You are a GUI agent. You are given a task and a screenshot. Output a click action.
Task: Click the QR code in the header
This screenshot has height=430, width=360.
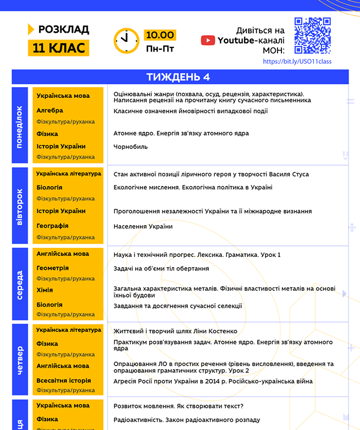(x=313, y=36)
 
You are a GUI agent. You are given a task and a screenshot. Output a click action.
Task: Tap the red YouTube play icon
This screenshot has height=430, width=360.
(x=208, y=40)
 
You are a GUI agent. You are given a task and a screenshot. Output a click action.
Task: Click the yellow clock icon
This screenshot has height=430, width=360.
(x=127, y=41)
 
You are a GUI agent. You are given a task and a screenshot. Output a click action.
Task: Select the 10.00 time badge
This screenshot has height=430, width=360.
(x=160, y=35)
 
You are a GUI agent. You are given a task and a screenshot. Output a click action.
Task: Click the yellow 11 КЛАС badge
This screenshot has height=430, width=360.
(x=59, y=48)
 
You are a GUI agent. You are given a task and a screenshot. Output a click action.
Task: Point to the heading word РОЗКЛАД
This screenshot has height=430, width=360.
(x=63, y=29)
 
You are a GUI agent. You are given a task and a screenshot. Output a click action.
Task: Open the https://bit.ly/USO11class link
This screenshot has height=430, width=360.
(x=297, y=61)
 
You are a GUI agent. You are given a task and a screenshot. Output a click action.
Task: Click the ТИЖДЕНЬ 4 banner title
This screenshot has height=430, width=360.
(x=178, y=77)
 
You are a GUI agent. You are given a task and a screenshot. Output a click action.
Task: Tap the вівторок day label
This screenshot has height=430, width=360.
(x=20, y=207)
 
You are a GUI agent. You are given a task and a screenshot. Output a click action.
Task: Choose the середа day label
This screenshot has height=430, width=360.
(x=20, y=285)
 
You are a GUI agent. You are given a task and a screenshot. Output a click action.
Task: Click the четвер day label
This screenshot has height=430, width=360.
(x=20, y=360)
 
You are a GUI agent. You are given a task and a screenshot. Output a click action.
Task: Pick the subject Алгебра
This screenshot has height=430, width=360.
(x=50, y=110)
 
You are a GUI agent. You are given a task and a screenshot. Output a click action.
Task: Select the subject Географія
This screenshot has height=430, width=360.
(x=52, y=226)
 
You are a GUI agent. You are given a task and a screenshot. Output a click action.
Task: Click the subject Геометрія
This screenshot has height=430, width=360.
(x=53, y=268)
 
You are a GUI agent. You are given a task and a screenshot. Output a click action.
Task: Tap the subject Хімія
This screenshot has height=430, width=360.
(x=45, y=290)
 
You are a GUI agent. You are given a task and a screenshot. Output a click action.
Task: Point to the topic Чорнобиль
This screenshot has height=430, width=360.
(x=131, y=147)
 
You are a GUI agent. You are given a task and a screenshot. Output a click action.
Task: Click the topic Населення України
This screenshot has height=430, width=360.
(x=143, y=226)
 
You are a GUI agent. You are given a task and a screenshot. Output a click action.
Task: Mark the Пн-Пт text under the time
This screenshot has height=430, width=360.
(x=160, y=49)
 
